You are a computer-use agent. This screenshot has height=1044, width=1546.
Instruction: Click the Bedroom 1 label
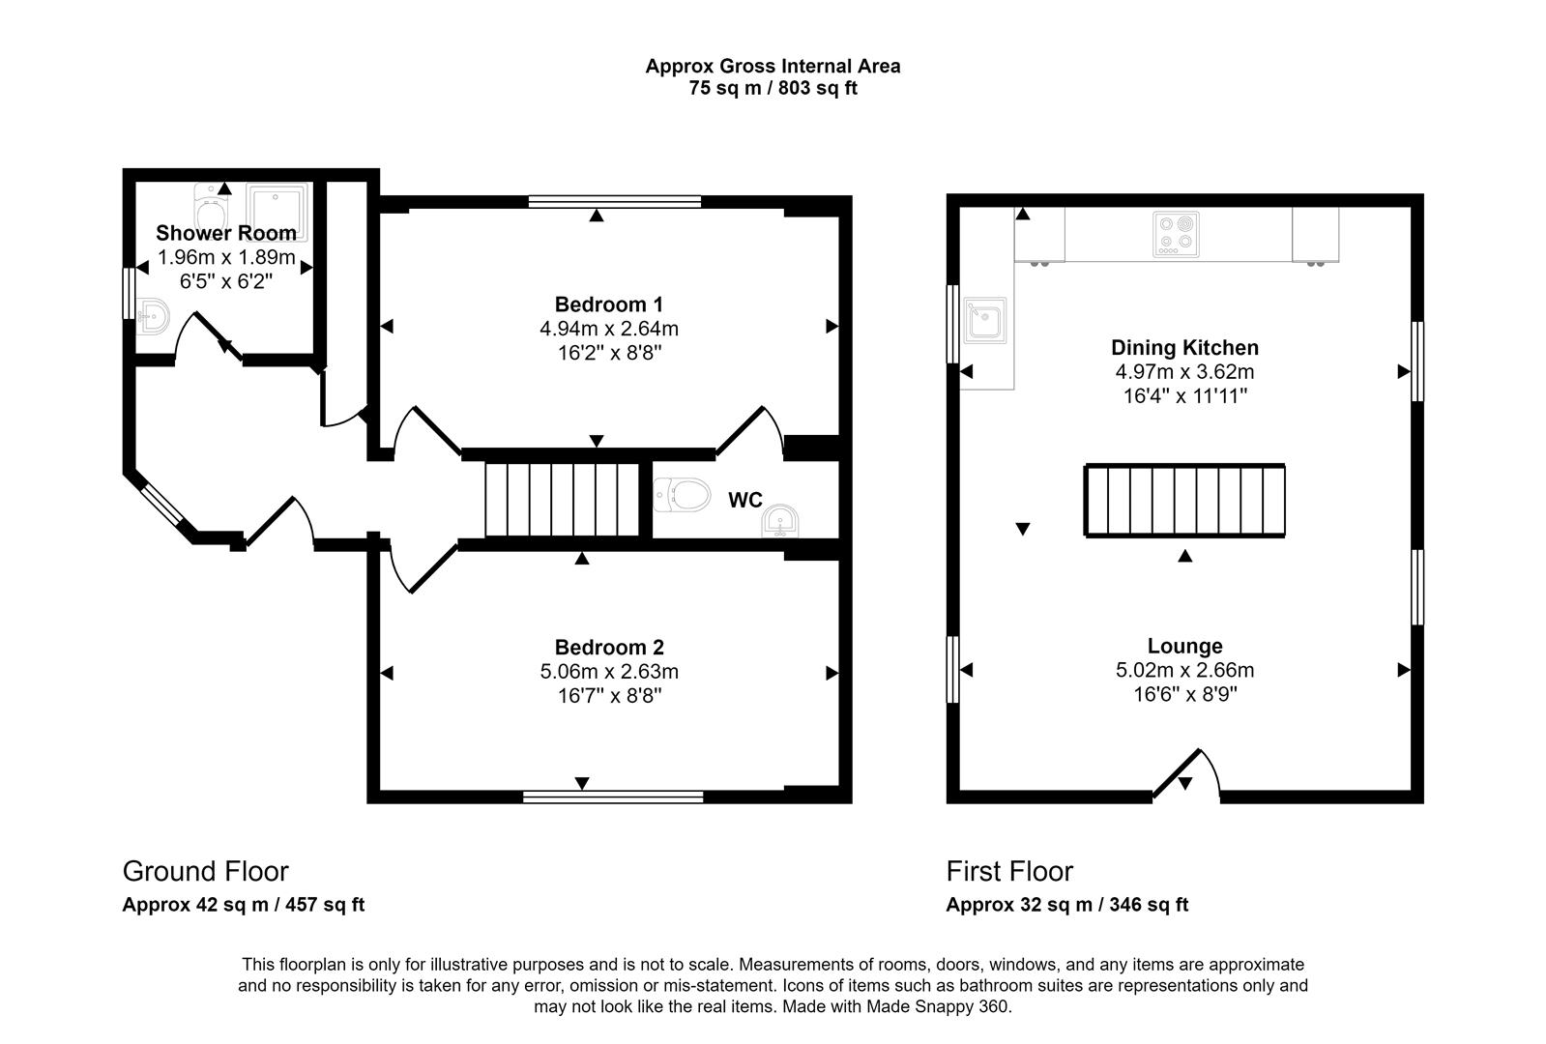coord(609,304)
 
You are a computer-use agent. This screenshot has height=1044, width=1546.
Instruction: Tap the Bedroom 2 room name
coord(609,647)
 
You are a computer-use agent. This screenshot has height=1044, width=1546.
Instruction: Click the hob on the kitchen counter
coord(1176,235)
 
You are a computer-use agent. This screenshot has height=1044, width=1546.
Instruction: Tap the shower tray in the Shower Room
coord(278,211)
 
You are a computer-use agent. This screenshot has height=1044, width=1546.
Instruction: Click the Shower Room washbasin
coord(153,315)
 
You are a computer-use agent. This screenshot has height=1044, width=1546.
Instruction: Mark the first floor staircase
coord(1184,500)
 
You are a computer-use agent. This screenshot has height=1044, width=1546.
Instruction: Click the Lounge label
coord(1184,646)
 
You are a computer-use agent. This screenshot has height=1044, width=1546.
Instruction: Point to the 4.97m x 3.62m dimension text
coord(1184,372)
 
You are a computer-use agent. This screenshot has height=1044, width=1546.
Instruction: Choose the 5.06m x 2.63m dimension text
coord(609,671)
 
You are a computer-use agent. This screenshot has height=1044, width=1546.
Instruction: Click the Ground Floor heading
coord(205,871)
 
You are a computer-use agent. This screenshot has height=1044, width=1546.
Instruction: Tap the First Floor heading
coord(1009,871)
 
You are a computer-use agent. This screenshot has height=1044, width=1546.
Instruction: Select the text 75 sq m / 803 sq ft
coord(773,88)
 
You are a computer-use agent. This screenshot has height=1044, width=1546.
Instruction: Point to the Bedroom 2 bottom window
coord(613,797)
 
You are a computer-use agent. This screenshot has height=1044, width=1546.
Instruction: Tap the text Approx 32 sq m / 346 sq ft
coord(1066,905)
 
